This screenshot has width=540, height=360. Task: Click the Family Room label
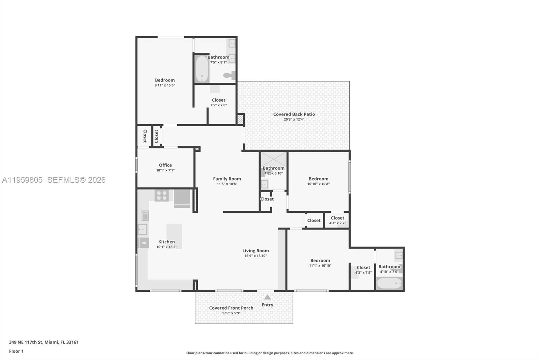[227, 179]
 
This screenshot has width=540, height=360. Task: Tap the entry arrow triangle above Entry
[267, 297]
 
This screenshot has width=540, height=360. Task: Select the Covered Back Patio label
[294, 114]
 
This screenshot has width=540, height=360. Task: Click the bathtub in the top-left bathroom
[202, 69]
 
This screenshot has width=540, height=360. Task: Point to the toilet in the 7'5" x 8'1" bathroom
[230, 75]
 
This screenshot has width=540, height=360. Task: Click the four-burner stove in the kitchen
[162, 196]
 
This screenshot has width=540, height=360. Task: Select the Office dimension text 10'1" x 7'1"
[165, 171]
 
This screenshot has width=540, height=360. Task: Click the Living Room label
[255, 251]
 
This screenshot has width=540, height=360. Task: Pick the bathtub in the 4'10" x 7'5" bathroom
[389, 283]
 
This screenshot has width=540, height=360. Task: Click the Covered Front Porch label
[231, 308]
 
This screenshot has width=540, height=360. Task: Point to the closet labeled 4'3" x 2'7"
[337, 220]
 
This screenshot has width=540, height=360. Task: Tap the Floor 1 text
[16, 351]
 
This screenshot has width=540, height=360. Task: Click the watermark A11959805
[22, 180]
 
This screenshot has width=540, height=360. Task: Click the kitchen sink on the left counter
[142, 229]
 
